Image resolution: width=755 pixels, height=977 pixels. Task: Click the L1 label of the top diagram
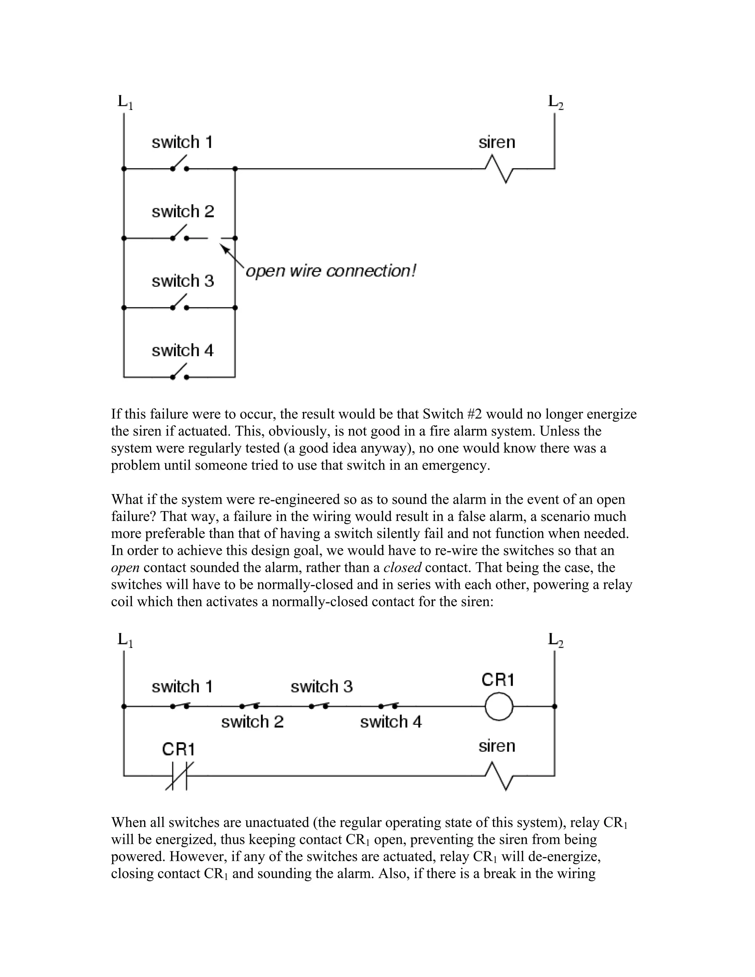coord(125,102)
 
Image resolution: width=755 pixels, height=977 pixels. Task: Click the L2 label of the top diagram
coord(556,102)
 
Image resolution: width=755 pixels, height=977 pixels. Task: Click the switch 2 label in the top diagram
coord(182,211)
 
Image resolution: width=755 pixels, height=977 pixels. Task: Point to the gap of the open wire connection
coord(215,239)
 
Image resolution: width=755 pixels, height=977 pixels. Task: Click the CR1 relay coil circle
coord(499,706)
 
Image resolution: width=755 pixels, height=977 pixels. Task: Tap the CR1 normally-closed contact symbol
coord(179,775)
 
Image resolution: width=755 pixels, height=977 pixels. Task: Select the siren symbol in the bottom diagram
coord(499,776)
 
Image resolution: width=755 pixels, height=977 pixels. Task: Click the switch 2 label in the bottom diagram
coord(252,722)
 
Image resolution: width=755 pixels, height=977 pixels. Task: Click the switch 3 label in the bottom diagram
coord(321,686)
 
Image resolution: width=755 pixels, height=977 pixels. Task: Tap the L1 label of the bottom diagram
coord(125,640)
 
